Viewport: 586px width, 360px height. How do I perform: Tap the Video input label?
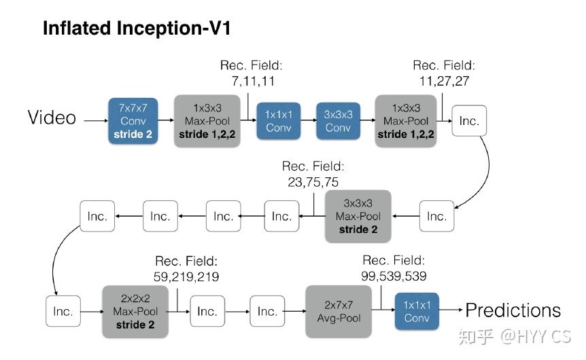point(52,118)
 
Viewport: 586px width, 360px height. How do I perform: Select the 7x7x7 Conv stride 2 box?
point(133,120)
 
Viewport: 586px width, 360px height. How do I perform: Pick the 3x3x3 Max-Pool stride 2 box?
point(358,216)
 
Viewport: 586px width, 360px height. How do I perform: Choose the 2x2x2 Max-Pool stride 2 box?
point(135,312)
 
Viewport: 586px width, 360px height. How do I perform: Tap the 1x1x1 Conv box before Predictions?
point(417,311)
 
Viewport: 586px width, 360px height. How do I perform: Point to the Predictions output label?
point(513,311)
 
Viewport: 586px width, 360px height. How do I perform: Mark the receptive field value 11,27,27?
point(444,82)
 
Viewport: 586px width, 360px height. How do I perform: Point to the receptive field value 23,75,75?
point(313,182)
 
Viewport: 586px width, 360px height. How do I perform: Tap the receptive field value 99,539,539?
point(394,276)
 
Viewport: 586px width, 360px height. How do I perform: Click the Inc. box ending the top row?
point(469,122)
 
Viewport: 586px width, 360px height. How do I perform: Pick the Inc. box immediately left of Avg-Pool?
point(267,311)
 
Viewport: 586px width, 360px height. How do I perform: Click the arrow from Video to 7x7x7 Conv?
point(94,120)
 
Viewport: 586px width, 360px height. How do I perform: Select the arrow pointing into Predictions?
point(451,311)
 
